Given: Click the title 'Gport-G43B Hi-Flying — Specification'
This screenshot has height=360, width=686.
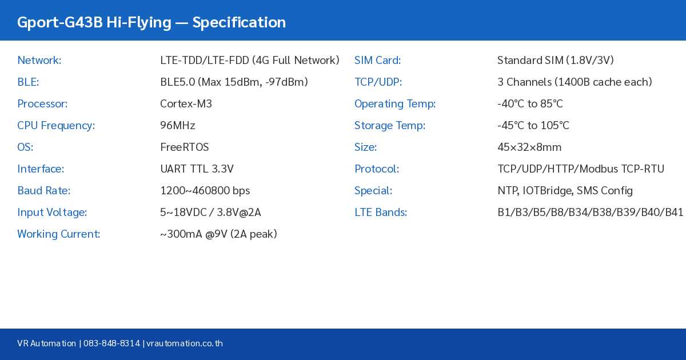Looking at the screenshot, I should pos(151,22).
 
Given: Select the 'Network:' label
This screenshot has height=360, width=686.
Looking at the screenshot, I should pos(39,61).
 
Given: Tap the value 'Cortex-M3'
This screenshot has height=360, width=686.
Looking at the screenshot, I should pos(186,104).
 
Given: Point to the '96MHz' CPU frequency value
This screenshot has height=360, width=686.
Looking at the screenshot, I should pos(178,126).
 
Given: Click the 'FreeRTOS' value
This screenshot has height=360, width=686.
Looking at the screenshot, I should pos(185,147).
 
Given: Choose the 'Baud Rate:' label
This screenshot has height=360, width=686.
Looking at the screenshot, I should pos(44,191).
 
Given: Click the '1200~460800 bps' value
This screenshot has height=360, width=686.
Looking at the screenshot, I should pos(205,191).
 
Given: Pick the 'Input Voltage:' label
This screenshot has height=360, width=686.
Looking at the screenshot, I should pos(52,213).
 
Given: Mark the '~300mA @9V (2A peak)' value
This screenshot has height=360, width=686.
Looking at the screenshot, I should pos(218,234).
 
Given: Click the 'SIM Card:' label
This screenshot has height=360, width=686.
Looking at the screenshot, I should pos(377,61).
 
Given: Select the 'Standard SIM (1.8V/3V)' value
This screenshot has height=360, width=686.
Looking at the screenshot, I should pos(555,61).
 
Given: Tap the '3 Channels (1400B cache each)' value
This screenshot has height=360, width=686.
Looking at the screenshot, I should pos(575,82).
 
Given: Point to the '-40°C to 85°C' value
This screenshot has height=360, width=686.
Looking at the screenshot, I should pos(530,104).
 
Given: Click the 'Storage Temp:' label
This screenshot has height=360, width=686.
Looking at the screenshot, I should pos(390,126).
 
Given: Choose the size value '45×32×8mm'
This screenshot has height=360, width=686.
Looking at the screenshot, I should pos(529,147).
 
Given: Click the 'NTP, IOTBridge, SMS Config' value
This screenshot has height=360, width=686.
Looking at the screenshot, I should pos(565,191).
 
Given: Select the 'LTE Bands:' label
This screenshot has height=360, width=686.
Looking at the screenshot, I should pos(381,213).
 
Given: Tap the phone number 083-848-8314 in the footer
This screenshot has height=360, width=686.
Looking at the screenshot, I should pos(112,343).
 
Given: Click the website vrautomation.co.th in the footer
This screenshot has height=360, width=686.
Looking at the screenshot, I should pos(185,343).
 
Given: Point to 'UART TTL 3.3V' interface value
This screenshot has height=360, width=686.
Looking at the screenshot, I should pos(197,169).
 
